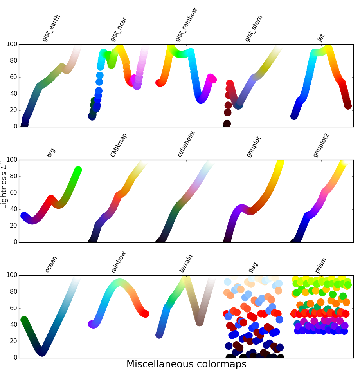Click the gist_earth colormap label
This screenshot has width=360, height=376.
(x=51, y=28)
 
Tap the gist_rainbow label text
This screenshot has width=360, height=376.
(x=187, y=24)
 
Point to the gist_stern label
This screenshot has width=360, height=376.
(x=254, y=28)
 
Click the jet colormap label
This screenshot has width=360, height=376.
(x=321, y=38)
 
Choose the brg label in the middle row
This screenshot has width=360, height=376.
(x=51, y=153)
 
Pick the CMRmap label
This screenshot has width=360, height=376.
(x=119, y=145)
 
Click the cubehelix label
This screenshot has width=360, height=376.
(x=186, y=144)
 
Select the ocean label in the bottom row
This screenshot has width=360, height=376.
(x=51, y=264)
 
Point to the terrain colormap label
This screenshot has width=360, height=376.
(x=186, y=263)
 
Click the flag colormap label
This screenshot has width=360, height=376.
(x=254, y=267)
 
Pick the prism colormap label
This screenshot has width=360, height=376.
(x=321, y=266)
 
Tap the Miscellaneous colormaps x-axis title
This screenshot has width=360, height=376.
(x=186, y=365)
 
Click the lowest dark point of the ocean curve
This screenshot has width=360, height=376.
(x=42, y=352)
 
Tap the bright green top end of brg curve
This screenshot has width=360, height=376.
(x=78, y=170)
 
